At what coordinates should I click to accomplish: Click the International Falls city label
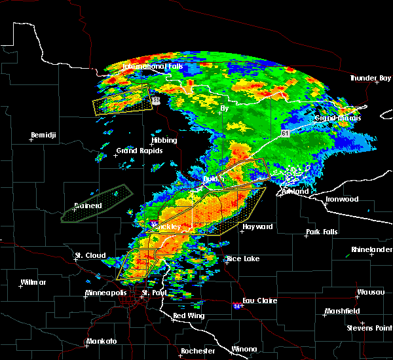click(151, 67)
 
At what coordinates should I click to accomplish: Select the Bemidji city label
click(44, 135)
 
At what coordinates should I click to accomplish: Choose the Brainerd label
click(88, 206)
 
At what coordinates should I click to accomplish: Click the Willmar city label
click(33, 282)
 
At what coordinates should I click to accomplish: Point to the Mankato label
click(102, 342)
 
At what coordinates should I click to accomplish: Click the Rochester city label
click(198, 351)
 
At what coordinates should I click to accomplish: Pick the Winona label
click(244, 348)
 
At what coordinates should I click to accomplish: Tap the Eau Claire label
click(261, 300)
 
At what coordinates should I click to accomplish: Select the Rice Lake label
click(243, 259)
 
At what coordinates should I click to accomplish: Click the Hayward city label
click(257, 226)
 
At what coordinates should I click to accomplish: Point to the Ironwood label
click(342, 199)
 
